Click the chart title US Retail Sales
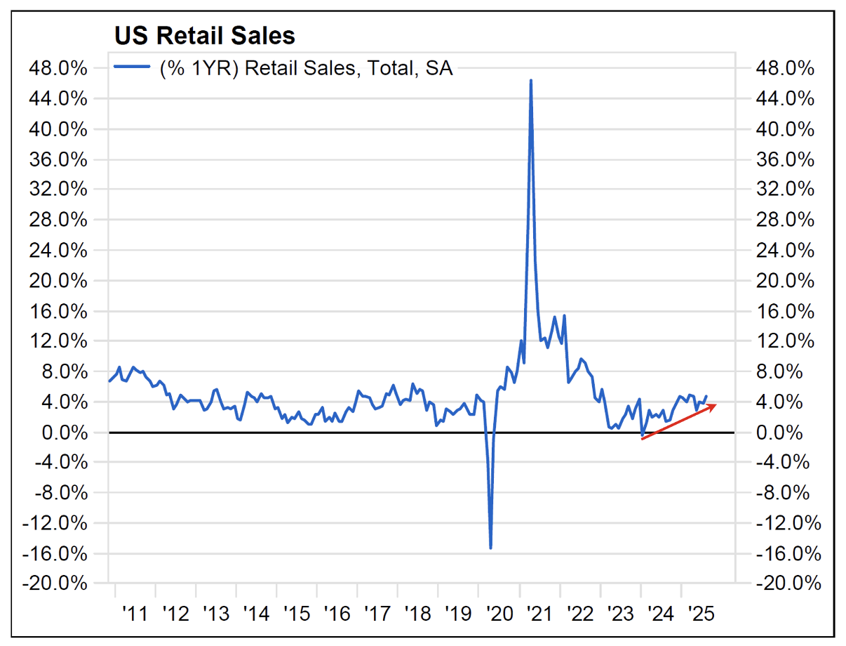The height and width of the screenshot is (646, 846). click(x=204, y=36)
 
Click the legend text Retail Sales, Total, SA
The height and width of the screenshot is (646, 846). click(x=307, y=68)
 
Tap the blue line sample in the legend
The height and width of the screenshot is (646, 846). click(x=133, y=67)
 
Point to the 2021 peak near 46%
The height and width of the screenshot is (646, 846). click(x=530, y=81)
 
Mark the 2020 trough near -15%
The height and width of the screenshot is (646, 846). click(x=490, y=547)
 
